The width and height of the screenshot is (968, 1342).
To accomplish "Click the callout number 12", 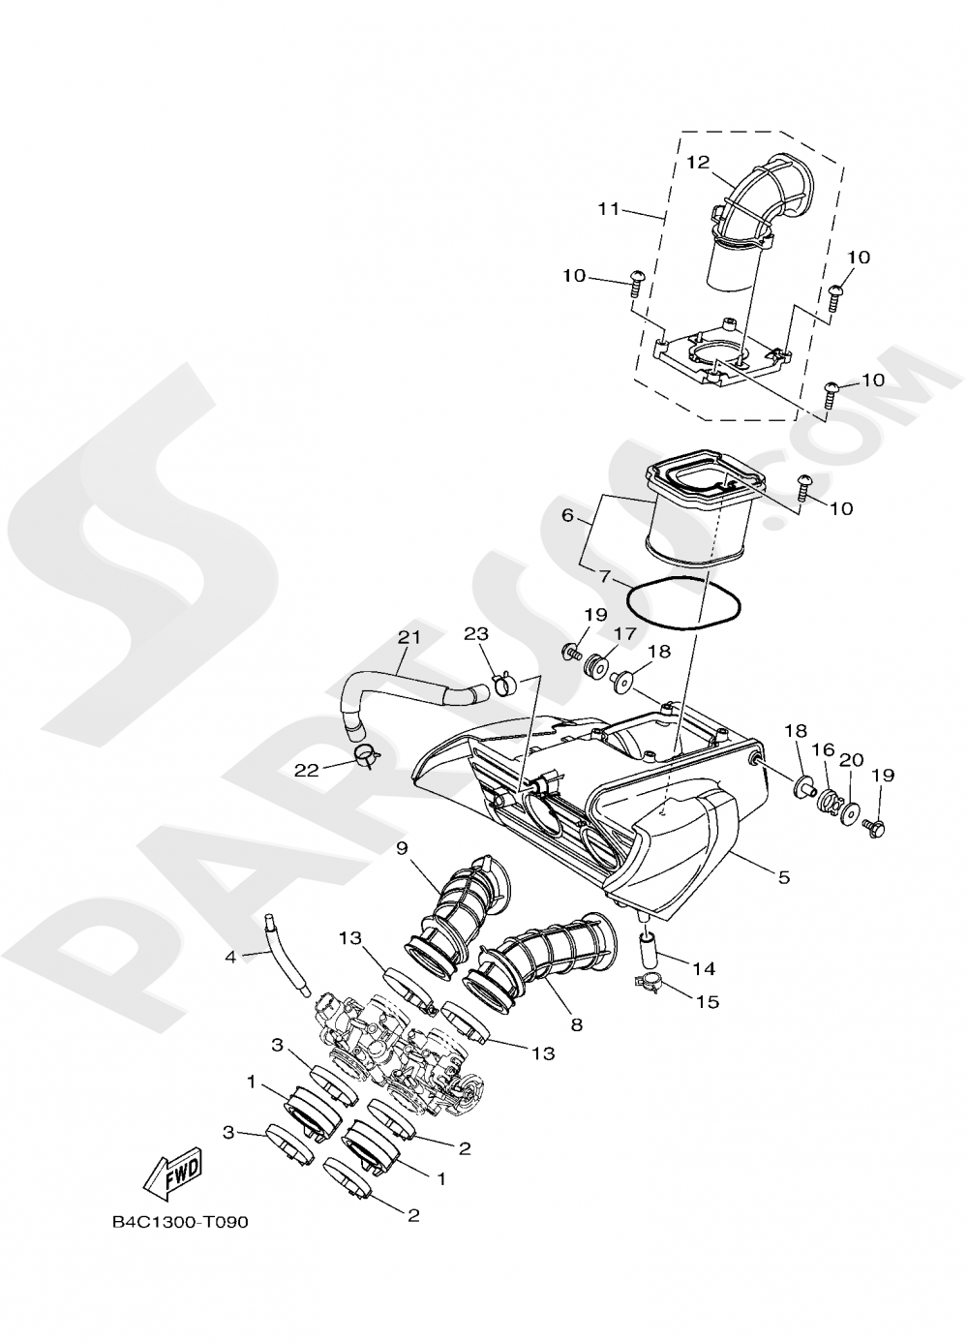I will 699,162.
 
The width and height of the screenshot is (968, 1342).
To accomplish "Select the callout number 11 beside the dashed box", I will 608,208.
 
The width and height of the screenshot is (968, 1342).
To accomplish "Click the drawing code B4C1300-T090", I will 179,1222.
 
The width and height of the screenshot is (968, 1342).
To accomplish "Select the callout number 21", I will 410,637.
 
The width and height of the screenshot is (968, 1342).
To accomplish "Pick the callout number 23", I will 475,634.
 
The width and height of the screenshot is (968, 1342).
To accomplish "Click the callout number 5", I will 784,877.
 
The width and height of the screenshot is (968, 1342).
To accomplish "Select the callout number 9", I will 401,848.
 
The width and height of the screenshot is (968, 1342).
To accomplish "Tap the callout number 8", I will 576,1023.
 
